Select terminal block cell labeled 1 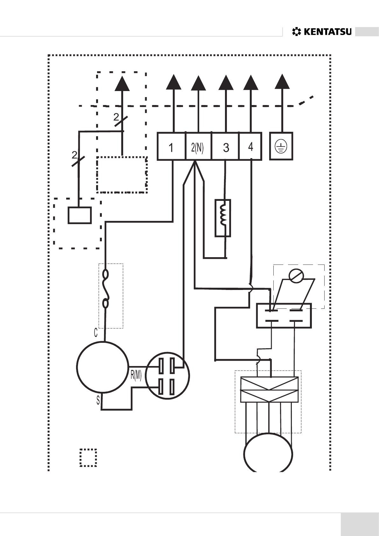(171, 147)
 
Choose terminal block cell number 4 (250, 147)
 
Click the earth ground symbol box (281, 147)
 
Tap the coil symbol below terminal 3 (223, 218)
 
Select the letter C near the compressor (95, 333)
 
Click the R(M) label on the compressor (136, 375)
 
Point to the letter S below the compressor (98, 400)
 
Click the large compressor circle (102, 367)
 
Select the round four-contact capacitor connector (167, 376)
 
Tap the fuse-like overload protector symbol (106, 289)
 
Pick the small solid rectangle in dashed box (80, 215)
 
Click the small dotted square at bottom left (88, 457)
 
